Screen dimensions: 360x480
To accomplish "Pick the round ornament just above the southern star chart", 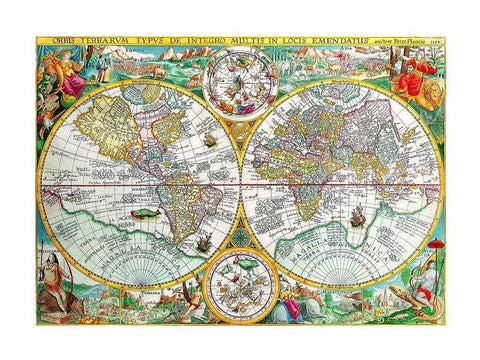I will pyautogui.click(x=240, y=238).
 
